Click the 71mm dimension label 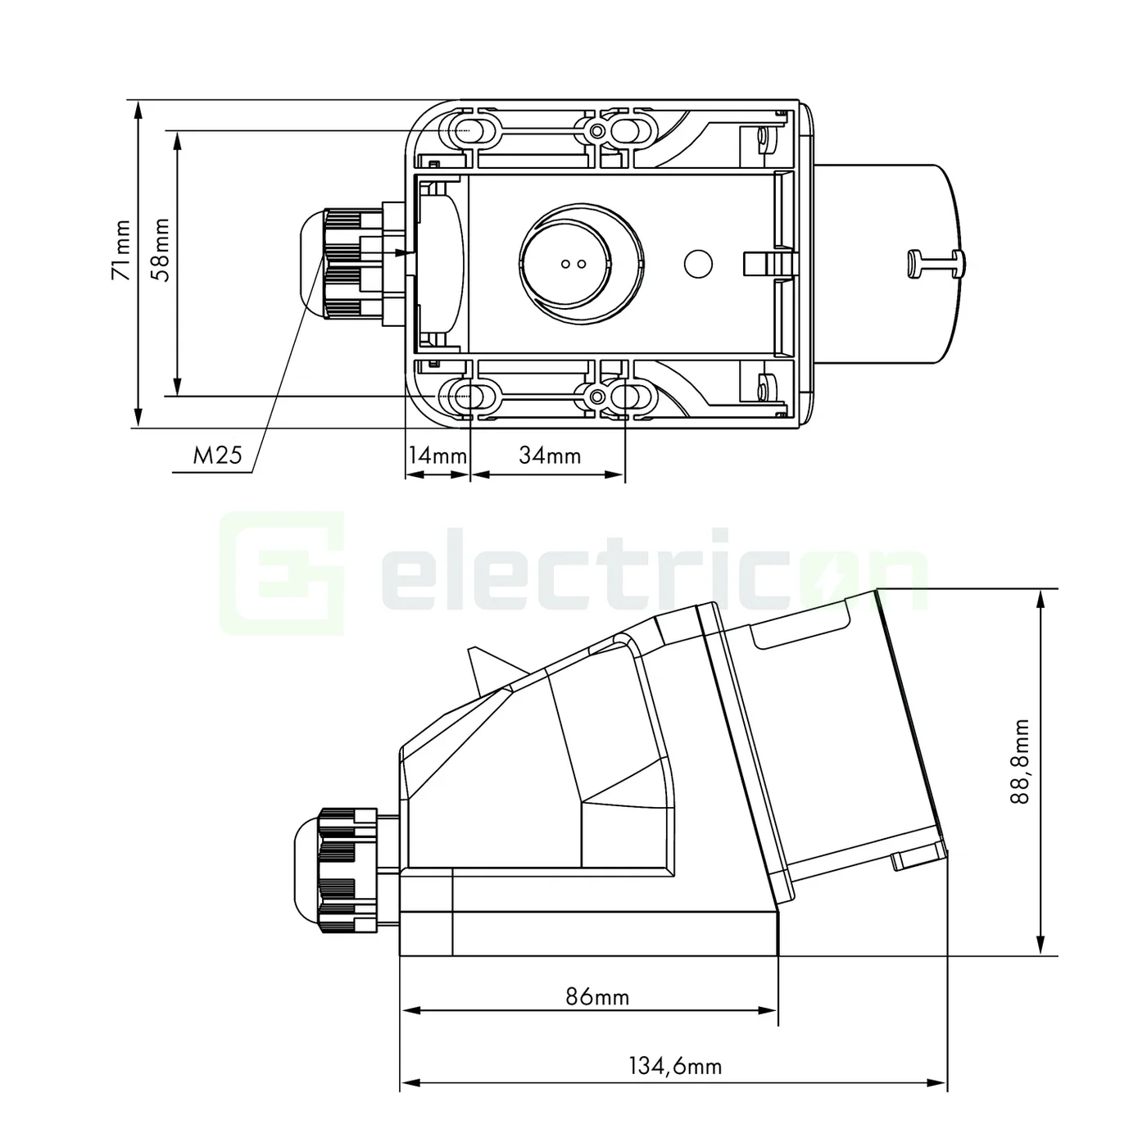[x=121, y=251]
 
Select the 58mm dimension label [x=161, y=250]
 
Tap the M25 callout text [x=217, y=456]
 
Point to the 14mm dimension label [x=437, y=456]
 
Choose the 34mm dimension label [x=549, y=456]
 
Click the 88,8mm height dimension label [x=1020, y=762]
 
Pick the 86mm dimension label [x=597, y=997]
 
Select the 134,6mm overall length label [x=675, y=1066]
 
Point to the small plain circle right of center [x=698, y=264]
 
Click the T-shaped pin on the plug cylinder [x=937, y=264]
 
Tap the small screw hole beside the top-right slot [x=597, y=131]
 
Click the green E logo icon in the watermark [x=282, y=573]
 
